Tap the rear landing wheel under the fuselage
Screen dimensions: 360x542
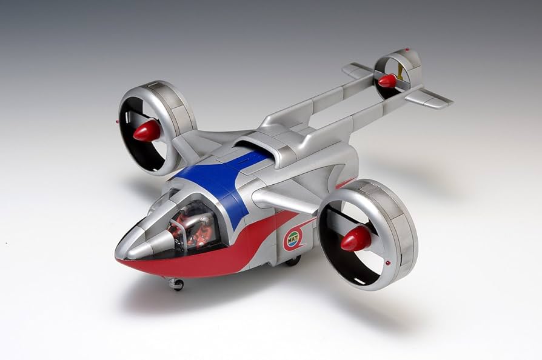(x=293, y=261)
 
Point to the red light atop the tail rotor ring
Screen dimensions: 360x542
(x=406, y=49)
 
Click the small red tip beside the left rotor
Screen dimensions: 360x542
(x=116, y=121)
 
